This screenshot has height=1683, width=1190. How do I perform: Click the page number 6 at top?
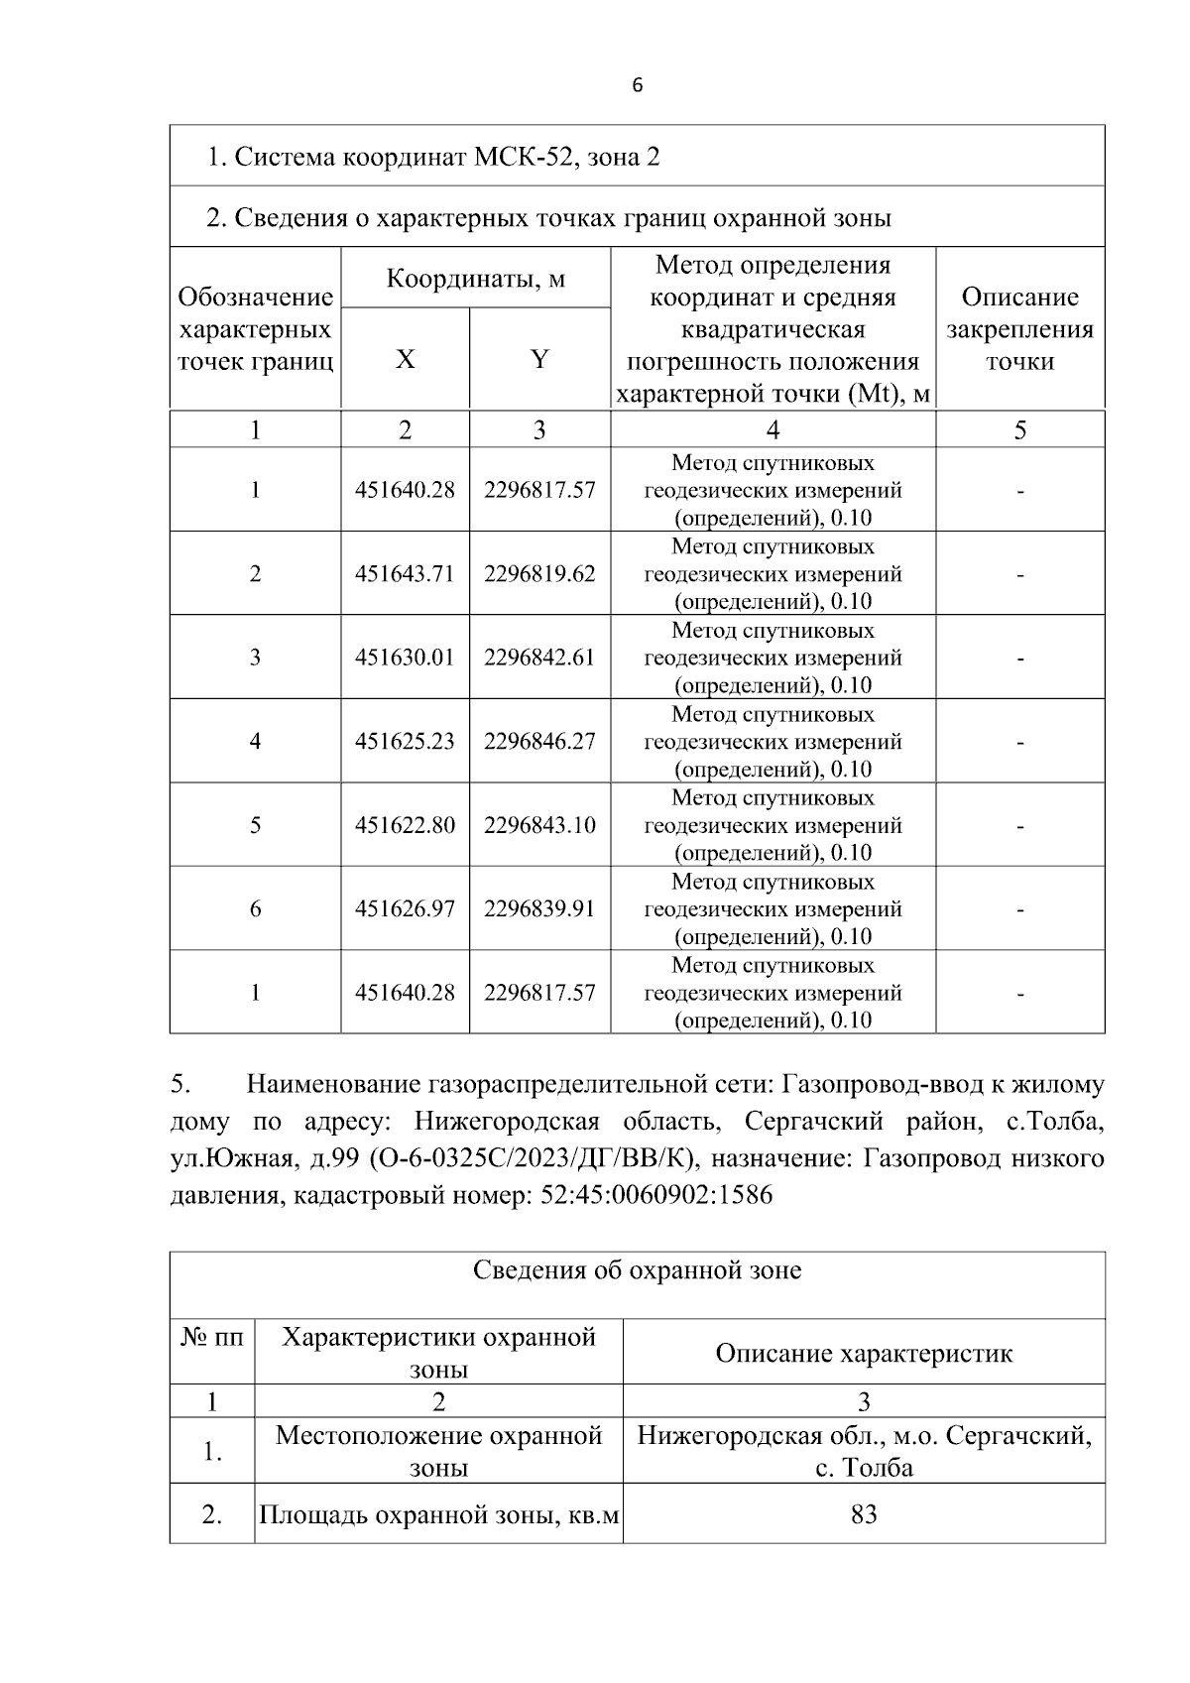(637, 85)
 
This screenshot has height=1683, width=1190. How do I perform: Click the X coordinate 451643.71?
(405, 573)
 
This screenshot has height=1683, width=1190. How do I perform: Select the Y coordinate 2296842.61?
(539, 658)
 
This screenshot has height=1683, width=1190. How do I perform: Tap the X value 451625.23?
(405, 741)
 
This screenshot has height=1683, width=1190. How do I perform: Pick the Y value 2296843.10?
(539, 825)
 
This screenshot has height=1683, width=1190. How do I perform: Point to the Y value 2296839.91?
(539, 908)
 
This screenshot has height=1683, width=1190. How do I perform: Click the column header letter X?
(405, 359)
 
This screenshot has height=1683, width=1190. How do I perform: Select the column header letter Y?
(539, 359)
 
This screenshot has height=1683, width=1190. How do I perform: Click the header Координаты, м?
(475, 278)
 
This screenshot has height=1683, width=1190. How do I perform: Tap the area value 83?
(864, 1514)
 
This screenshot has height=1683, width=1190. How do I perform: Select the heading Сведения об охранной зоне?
(637, 1270)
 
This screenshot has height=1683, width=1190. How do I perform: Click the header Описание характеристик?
(864, 1354)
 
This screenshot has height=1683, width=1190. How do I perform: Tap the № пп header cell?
(211, 1338)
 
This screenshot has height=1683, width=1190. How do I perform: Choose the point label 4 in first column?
(255, 741)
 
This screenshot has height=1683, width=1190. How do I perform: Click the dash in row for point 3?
(1019, 658)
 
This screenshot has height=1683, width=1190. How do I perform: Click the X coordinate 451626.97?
(405, 908)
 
